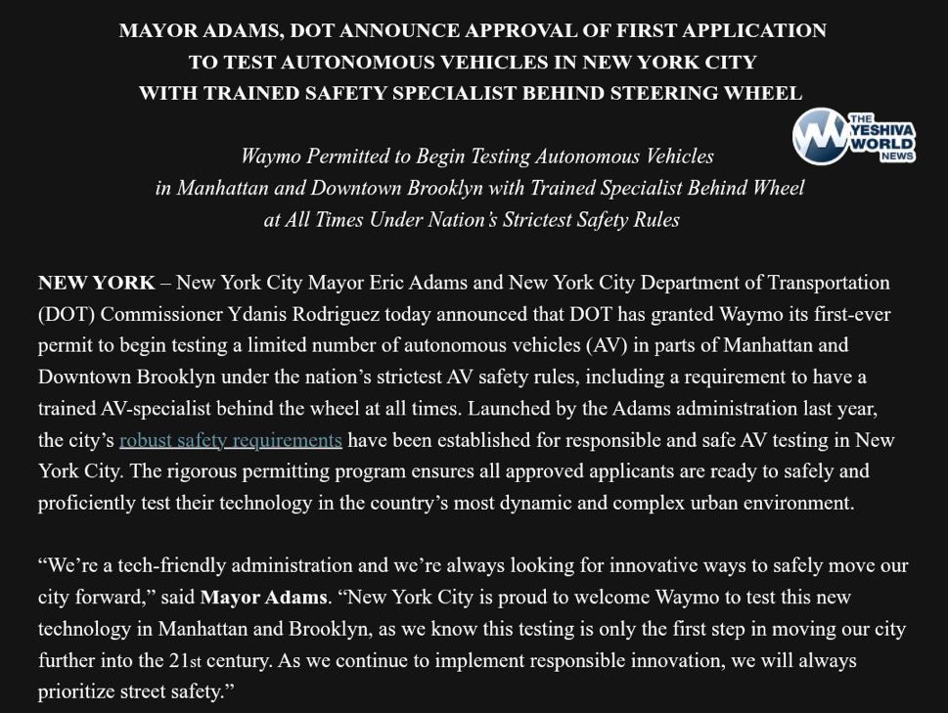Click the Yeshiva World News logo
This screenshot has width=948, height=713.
click(x=854, y=137)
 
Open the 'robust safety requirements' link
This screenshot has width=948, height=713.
click(x=230, y=440)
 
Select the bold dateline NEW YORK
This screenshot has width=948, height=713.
click(x=96, y=283)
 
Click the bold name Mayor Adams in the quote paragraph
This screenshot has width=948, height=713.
click(x=263, y=597)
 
